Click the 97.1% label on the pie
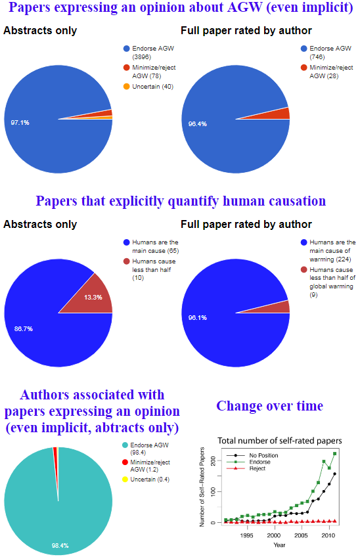[20, 123]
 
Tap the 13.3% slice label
[93, 298]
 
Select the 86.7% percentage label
[24, 328]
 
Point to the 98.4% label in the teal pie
[60, 545]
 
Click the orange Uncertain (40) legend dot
[126, 86]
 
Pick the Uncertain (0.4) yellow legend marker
[125, 480]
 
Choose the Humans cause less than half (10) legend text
[154, 269]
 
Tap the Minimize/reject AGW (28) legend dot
[304, 68]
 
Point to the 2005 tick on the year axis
[301, 535]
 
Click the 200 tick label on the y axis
[213, 461]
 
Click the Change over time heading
[270, 406]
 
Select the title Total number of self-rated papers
[280, 441]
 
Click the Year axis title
[279, 545]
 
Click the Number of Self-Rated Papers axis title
[202, 487]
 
